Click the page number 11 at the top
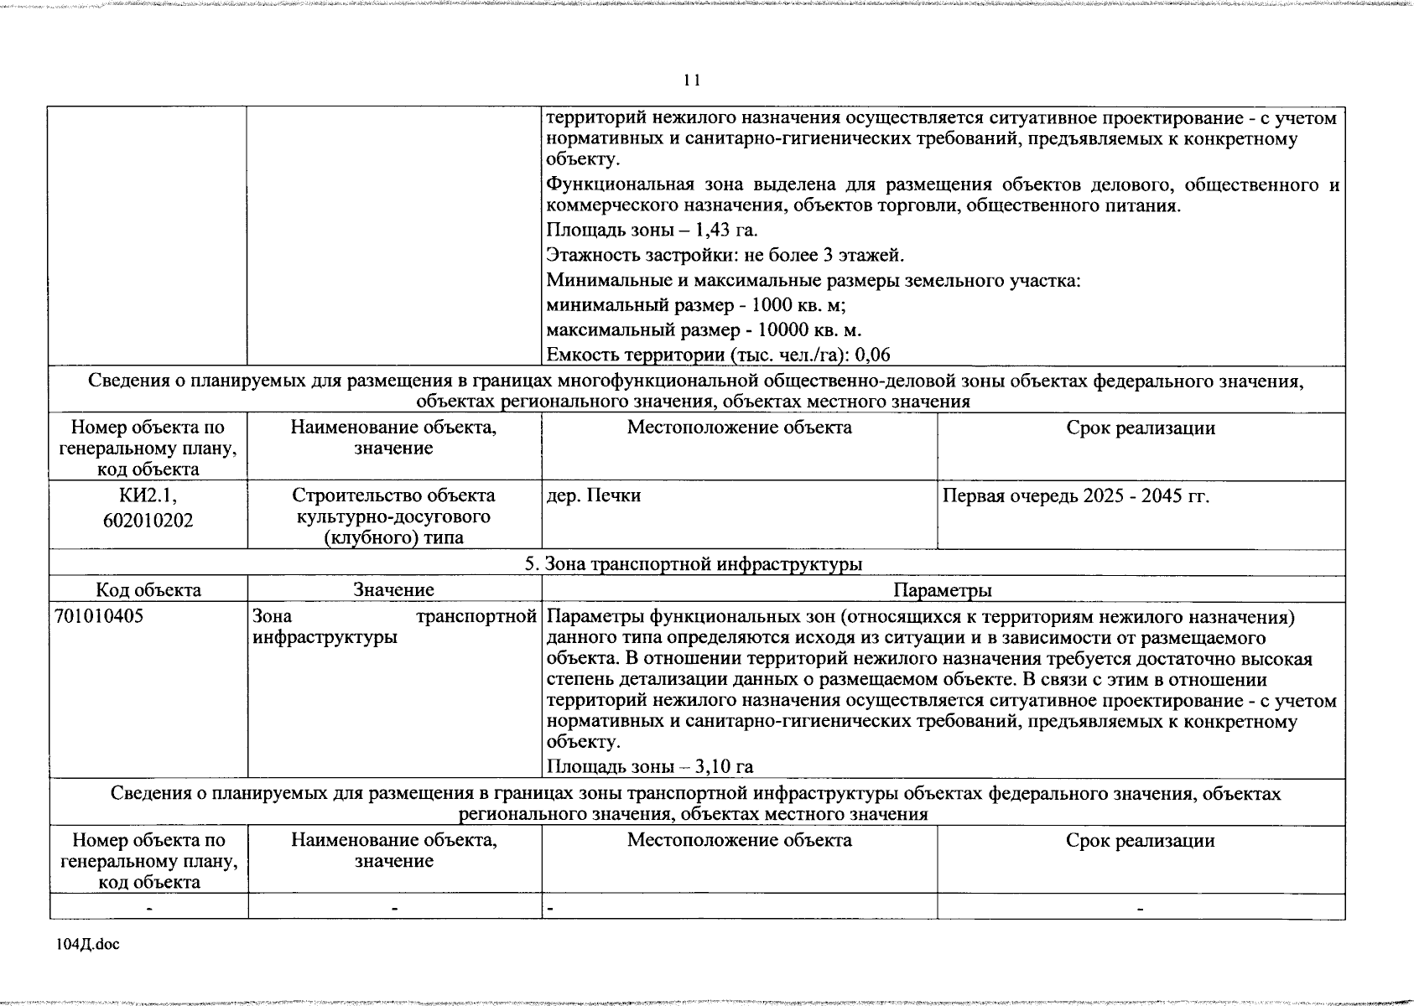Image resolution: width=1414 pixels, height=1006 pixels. pos(692,80)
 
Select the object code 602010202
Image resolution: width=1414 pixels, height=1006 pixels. pos(148,521)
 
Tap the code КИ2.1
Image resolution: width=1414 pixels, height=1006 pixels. pos(148,495)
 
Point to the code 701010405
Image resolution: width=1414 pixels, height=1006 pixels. pos(99,617)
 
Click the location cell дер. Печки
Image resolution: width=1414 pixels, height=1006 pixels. pos(594,495)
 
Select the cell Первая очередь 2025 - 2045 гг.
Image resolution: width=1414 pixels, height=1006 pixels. pos(1076,495)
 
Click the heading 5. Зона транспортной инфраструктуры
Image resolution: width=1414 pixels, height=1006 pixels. pos(694,563)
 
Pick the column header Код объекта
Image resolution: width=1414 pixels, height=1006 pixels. pos(148,590)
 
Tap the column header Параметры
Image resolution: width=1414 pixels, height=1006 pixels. pos(943,590)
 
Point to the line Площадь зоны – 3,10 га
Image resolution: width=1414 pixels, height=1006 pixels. pos(649,766)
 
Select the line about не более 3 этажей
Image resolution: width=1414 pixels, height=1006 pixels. pos(725,255)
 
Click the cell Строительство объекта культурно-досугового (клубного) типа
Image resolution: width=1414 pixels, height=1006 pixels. pos(393,516)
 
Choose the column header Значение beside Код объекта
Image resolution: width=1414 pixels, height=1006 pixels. pos(393,590)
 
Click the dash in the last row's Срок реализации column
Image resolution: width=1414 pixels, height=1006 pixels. pos(1140,908)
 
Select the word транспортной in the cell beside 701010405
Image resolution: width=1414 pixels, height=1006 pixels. pos(476,617)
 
